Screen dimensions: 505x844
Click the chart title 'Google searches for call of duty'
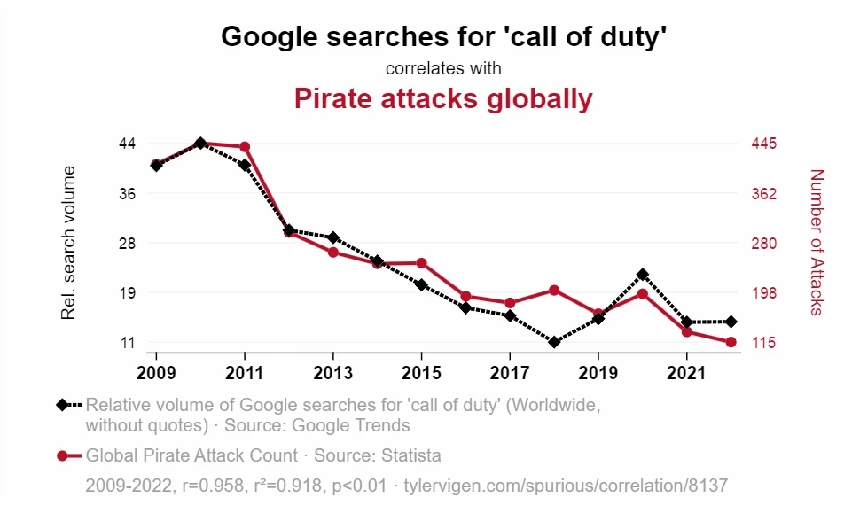(x=443, y=36)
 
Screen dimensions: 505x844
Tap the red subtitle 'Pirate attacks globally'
(x=443, y=98)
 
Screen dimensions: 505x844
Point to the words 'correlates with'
(x=443, y=68)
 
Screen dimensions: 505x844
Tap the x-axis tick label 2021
(x=687, y=370)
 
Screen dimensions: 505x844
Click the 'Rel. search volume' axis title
(x=67, y=243)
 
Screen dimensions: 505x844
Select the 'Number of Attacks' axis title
(x=817, y=242)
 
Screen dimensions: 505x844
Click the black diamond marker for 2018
(x=554, y=342)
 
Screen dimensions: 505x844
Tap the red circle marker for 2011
(x=245, y=147)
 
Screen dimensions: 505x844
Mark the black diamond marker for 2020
(x=643, y=275)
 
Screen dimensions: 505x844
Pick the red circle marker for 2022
(x=731, y=342)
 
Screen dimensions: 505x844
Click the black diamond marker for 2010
(x=200, y=143)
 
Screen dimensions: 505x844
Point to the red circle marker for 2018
(x=554, y=290)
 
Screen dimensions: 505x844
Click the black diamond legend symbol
(x=61, y=406)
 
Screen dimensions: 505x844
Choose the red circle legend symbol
(x=61, y=456)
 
